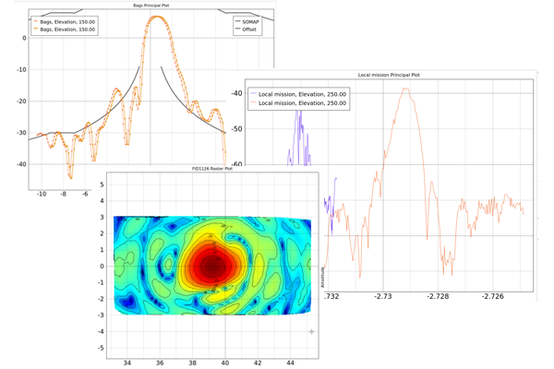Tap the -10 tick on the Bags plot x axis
point(41,194)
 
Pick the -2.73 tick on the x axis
point(383,296)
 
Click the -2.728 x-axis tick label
point(439,296)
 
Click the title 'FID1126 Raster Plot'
point(211,169)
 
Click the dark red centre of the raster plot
point(214,266)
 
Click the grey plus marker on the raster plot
point(312,331)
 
